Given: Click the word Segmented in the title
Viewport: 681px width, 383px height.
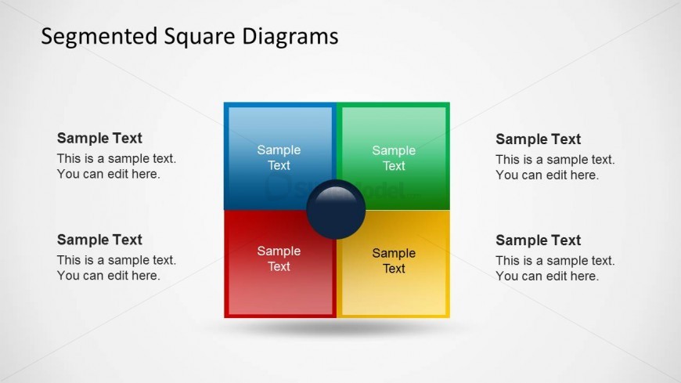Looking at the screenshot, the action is click(x=99, y=37).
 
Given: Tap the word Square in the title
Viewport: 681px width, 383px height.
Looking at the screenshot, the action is click(x=200, y=37).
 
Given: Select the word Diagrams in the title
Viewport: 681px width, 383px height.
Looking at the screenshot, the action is click(x=290, y=37).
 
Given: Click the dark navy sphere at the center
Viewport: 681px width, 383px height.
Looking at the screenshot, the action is click(x=336, y=209).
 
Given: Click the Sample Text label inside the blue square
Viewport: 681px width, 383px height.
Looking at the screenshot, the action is click(x=279, y=157).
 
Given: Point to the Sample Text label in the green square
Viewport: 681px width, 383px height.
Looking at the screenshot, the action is click(x=394, y=157).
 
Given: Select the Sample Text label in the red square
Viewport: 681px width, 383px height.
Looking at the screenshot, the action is click(x=279, y=258).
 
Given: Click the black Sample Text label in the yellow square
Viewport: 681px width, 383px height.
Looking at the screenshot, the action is click(x=394, y=261).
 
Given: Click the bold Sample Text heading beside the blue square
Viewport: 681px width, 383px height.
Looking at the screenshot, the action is click(x=99, y=139).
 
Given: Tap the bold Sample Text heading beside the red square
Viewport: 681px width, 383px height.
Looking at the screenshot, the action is click(x=99, y=240).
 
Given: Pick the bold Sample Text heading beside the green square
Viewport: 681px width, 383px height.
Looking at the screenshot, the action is click(x=538, y=139).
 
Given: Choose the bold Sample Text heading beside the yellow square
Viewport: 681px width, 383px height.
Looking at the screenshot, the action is click(x=538, y=240).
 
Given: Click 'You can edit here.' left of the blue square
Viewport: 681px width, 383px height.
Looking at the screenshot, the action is click(x=109, y=174).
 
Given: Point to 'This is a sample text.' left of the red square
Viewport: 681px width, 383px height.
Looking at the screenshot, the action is click(x=117, y=260).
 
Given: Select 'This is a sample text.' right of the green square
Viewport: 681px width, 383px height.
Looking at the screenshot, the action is click(x=555, y=160).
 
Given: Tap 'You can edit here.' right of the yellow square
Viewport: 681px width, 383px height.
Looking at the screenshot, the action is click(x=547, y=276).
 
